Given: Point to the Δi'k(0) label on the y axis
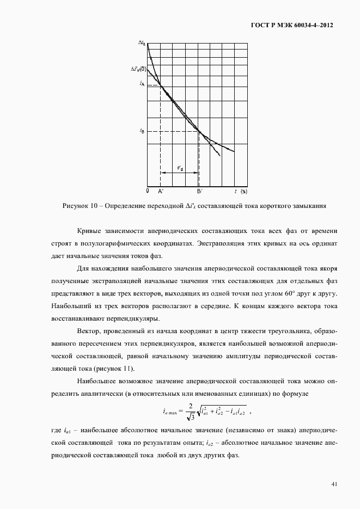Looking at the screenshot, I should [138, 69].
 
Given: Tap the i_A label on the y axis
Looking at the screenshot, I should [142, 83].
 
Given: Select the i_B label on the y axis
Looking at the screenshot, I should [142, 131].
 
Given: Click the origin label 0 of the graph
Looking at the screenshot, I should [148, 191].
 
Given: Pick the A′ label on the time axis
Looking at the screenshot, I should [161, 192].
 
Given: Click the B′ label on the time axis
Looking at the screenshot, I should [199, 192].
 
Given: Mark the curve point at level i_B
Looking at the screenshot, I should [199, 131].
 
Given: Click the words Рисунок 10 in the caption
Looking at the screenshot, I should [80, 206].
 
